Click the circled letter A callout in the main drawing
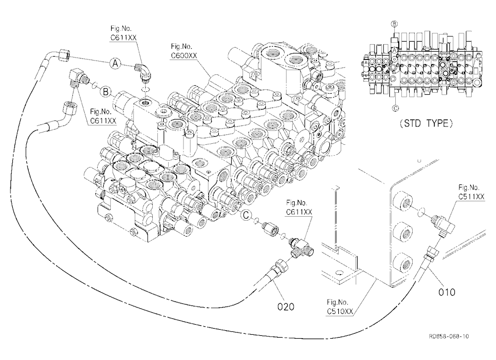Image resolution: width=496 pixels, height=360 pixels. (116, 63)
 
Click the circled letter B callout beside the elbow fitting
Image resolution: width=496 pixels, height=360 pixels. (105, 92)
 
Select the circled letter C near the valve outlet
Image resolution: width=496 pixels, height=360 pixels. (246, 215)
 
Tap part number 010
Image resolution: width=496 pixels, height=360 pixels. (447, 292)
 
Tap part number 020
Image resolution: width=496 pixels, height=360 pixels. (286, 306)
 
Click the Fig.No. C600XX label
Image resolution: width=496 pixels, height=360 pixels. (184, 51)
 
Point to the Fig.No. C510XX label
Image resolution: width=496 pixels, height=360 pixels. (340, 307)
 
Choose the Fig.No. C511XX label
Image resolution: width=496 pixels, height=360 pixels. (471, 192)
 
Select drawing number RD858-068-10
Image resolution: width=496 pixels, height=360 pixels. (449, 336)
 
